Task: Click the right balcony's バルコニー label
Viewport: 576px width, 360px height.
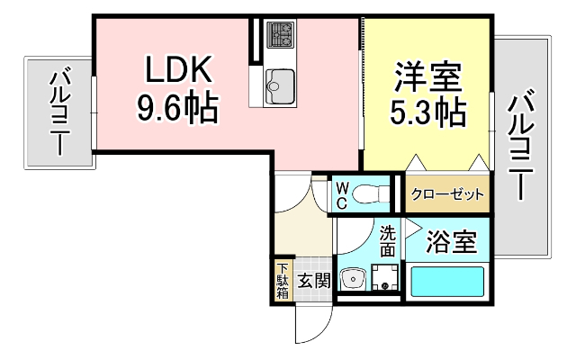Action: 519,144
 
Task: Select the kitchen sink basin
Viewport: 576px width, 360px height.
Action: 281,85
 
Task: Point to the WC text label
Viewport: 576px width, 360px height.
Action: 343,196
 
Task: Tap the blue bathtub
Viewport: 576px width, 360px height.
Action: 447,282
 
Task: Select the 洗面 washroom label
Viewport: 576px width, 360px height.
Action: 387,240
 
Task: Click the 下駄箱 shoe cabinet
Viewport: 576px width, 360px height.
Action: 283,280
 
